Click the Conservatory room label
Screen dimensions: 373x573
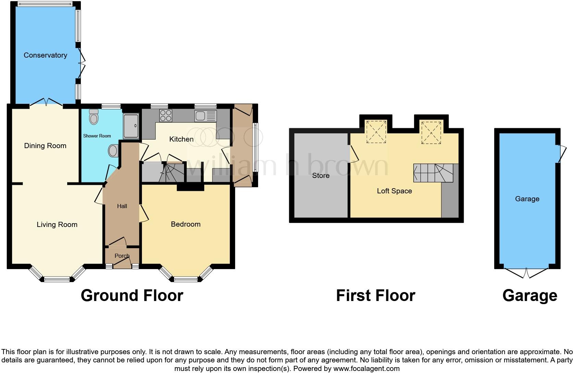(45, 55)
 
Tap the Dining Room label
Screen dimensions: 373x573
(45, 146)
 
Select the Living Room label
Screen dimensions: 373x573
(57, 225)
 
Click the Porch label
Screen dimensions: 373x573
(122, 256)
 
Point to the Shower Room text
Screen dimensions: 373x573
(97, 136)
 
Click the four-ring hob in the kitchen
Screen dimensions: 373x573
(166, 115)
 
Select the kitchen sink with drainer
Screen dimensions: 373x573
(206, 116)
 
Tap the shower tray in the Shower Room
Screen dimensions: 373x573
(131, 126)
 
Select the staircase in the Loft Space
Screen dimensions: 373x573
(434, 173)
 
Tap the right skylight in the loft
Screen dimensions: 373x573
(431, 132)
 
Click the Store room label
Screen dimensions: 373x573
(321, 176)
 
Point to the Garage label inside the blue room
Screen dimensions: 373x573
(527, 199)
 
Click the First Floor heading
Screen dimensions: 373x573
(375, 296)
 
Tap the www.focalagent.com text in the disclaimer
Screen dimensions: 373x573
(366, 369)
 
